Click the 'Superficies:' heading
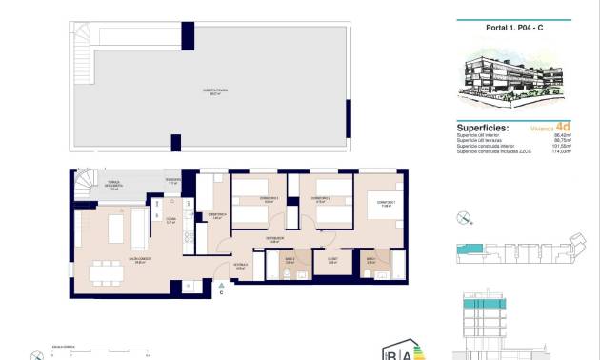click(x=483, y=126)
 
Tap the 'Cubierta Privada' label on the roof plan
click(x=212, y=92)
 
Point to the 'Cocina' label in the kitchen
click(x=171, y=220)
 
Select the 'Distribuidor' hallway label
click(x=274, y=239)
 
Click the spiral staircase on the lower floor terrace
click(x=85, y=178)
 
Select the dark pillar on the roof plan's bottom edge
click(x=175, y=143)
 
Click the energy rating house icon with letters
click(x=398, y=350)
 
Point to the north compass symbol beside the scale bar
click(x=36, y=354)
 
